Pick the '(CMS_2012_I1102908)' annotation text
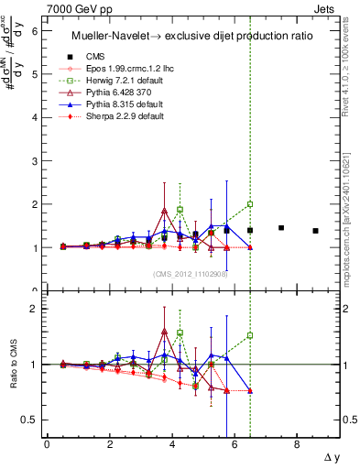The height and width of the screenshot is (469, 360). tap(191, 273)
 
